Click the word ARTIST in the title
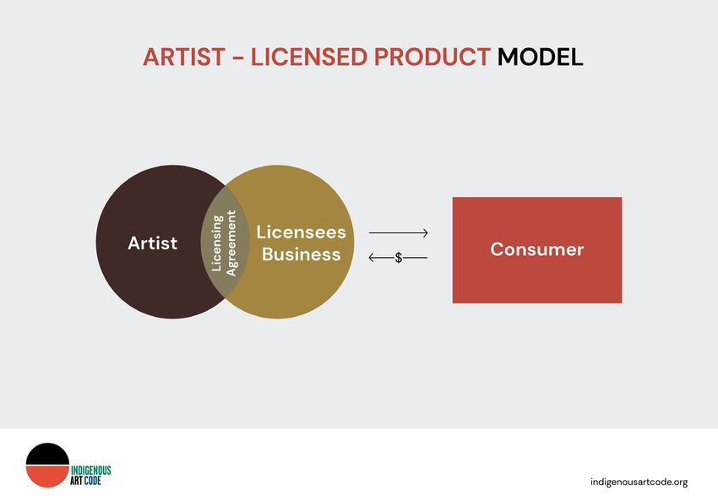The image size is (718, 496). [184, 57]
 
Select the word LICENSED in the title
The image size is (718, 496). [309, 57]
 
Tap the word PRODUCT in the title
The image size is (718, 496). [432, 57]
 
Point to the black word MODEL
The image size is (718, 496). [541, 57]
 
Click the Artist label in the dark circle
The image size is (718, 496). [153, 243]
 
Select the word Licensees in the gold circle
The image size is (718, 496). [301, 232]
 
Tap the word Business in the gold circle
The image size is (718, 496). [301, 254]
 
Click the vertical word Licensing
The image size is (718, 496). [216, 243]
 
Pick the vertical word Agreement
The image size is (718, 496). [231, 243]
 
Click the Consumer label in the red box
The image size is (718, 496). [537, 249]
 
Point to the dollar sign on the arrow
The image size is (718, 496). [399, 258]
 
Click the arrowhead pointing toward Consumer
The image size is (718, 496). [426, 233]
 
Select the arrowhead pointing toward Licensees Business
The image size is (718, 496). [372, 258]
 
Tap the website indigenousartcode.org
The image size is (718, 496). [639, 482]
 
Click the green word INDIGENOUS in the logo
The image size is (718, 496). [90, 471]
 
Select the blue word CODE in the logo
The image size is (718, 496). [93, 481]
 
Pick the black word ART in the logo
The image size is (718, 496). [77, 481]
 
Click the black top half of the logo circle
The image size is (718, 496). [47, 455]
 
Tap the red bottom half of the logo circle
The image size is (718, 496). [47, 476]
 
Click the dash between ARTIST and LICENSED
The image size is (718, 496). [238, 58]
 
